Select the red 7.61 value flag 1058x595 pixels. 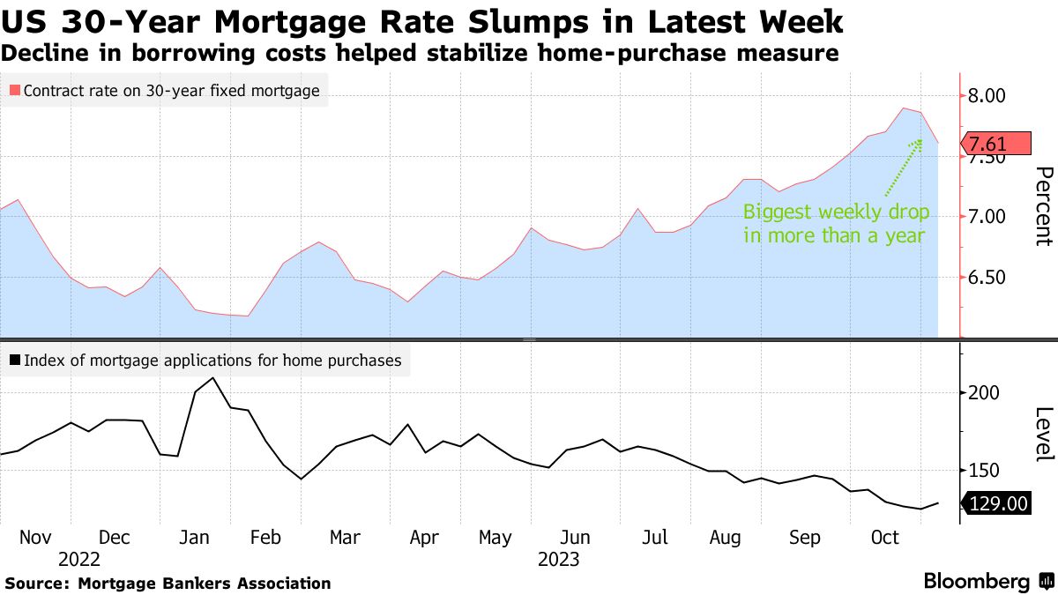click(x=995, y=144)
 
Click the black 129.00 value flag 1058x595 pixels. click(x=998, y=503)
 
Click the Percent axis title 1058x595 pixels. click(x=1043, y=205)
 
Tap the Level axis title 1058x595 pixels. click(x=1043, y=434)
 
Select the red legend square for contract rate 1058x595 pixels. click(x=14, y=90)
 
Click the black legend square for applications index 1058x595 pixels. click(x=14, y=360)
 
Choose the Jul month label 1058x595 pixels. click(x=655, y=538)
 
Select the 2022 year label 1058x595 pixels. click(x=79, y=560)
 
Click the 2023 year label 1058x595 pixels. click(x=558, y=560)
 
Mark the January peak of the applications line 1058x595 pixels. click(x=213, y=378)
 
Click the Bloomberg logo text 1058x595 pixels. click(x=977, y=582)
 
